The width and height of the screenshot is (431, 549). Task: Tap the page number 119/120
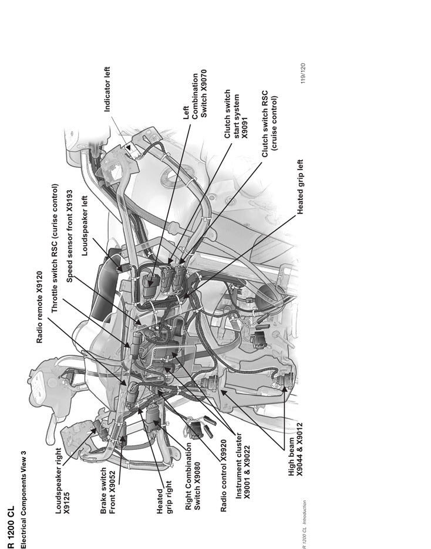304,74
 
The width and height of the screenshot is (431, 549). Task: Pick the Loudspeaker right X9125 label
62,483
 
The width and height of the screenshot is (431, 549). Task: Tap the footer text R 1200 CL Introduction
304,523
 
